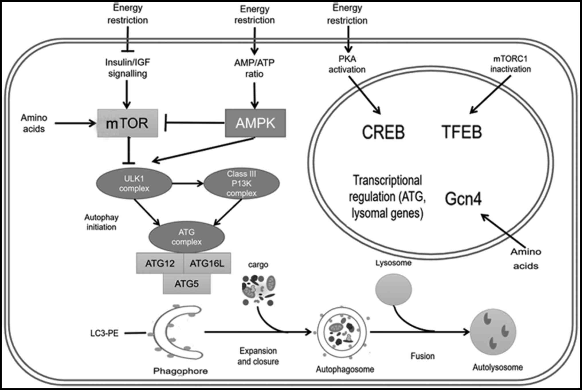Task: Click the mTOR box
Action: [x=128, y=123]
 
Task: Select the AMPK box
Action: [x=255, y=123]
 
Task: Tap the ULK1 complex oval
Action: [x=134, y=184]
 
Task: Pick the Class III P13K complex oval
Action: [x=241, y=184]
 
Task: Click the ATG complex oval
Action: [x=187, y=237]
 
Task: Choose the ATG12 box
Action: [x=160, y=263]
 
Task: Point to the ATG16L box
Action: [x=207, y=263]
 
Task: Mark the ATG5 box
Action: [x=187, y=284]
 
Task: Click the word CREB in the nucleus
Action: [x=383, y=132]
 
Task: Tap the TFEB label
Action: [x=462, y=132]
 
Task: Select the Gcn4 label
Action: [x=463, y=199]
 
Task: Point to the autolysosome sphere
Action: [x=493, y=332]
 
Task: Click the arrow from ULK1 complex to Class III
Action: [x=188, y=183]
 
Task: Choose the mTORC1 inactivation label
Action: [x=510, y=64]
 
